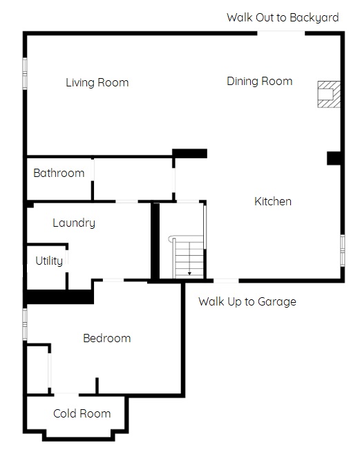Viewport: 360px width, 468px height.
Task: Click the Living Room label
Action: tap(97, 83)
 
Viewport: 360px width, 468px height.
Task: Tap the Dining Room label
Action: tap(260, 81)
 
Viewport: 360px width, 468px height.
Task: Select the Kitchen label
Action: tap(273, 201)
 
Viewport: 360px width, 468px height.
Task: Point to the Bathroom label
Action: tap(59, 173)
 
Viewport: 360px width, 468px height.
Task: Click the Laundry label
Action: tap(74, 223)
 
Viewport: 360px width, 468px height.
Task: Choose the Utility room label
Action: tap(49, 261)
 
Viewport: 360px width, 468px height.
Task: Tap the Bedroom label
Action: tap(107, 339)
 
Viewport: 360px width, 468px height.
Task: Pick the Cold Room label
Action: tap(82, 413)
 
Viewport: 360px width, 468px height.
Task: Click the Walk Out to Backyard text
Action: tap(283, 17)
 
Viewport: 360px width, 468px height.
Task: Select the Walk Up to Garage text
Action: tap(247, 302)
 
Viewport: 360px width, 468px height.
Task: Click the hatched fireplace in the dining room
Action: tap(329, 94)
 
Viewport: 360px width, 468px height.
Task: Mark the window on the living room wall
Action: tap(25, 73)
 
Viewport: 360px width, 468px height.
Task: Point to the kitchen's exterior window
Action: tap(343, 251)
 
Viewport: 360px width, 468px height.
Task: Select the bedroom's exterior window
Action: tap(25, 324)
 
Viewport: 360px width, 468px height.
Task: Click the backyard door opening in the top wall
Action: tap(281, 33)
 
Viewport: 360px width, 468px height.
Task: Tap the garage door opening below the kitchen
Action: tap(226, 281)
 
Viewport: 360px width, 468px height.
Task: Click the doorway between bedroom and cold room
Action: tap(66, 395)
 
